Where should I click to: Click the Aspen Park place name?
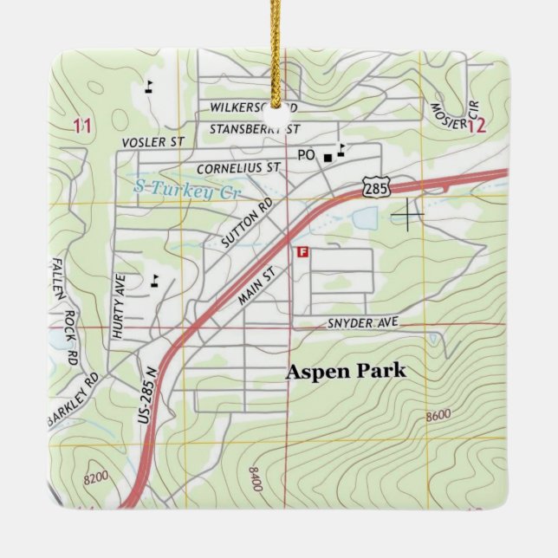pos(346,372)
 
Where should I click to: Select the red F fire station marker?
pos(302,252)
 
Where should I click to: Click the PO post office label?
pos(304,155)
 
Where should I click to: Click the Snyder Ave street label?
pos(362,322)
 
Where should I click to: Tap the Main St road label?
pos(256,285)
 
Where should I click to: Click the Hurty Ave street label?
pos(120,305)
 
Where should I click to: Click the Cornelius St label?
pos(239,166)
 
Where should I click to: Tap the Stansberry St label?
pos(254,129)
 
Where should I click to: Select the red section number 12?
pos(477,126)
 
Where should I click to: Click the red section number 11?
pos(82,127)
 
